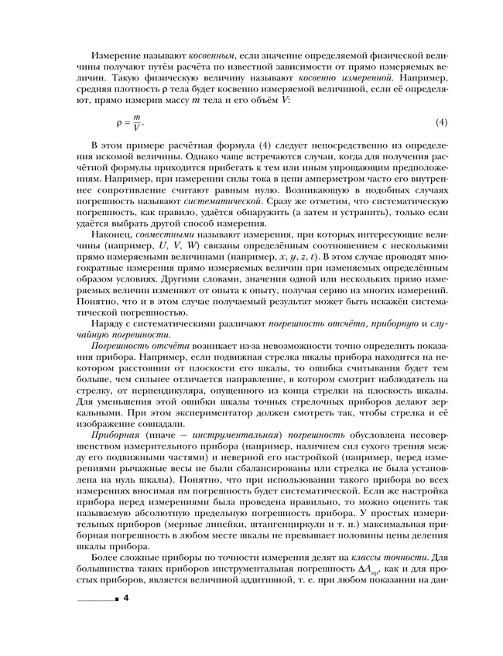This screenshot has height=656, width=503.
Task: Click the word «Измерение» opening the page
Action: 117,58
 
